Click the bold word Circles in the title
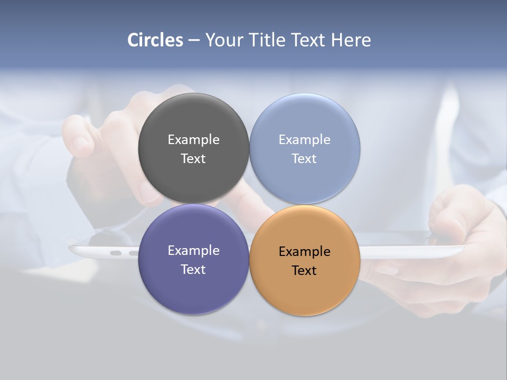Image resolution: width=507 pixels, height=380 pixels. [x=155, y=40]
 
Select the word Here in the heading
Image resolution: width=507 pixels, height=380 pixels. [x=351, y=40]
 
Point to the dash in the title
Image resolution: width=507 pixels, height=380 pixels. [x=194, y=41]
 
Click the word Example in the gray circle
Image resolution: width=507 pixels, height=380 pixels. [x=193, y=140]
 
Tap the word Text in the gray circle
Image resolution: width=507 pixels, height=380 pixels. [x=193, y=159]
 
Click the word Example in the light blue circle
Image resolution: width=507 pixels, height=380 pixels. [x=305, y=140]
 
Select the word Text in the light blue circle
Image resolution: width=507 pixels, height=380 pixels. [x=305, y=159]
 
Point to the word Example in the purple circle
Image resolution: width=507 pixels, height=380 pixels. [x=193, y=251]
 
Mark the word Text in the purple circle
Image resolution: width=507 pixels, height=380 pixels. [x=193, y=270]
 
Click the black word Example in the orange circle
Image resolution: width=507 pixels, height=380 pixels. [x=305, y=252]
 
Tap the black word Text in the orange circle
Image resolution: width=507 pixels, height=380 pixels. [x=305, y=271]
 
